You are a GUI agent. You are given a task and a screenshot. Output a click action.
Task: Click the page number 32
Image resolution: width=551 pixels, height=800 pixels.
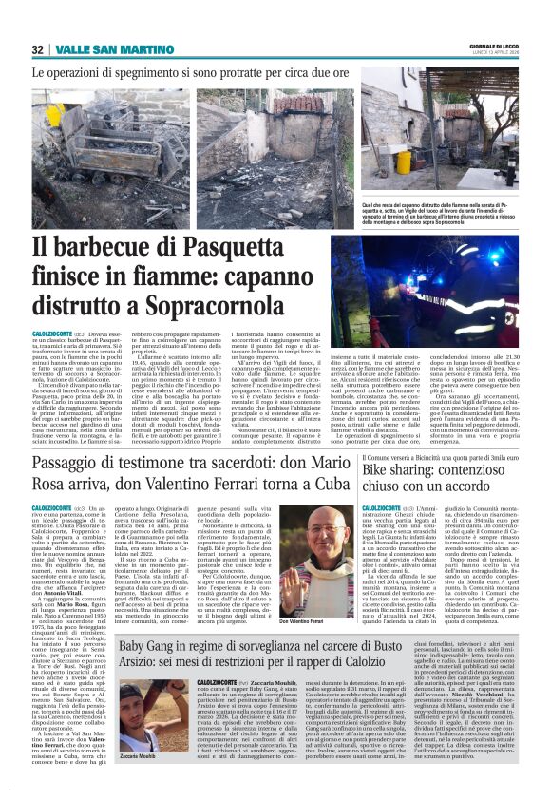[38, 49]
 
